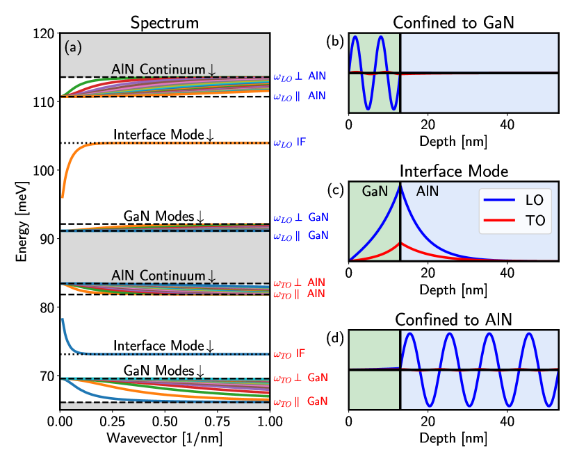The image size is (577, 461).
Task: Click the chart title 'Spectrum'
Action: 165,23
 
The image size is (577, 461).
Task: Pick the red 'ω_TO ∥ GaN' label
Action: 299,401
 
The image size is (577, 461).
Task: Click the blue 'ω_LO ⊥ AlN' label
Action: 299,75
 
